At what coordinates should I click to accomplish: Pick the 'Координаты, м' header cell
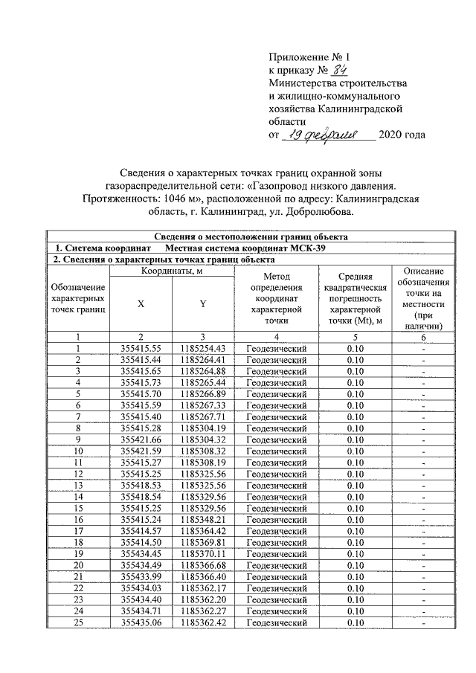tap(173, 271)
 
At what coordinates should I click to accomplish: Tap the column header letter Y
tap(203, 303)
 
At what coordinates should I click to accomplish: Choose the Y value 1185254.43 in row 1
tap(203, 348)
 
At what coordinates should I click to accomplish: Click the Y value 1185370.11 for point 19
tap(203, 554)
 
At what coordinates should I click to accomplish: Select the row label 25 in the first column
tap(77, 622)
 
